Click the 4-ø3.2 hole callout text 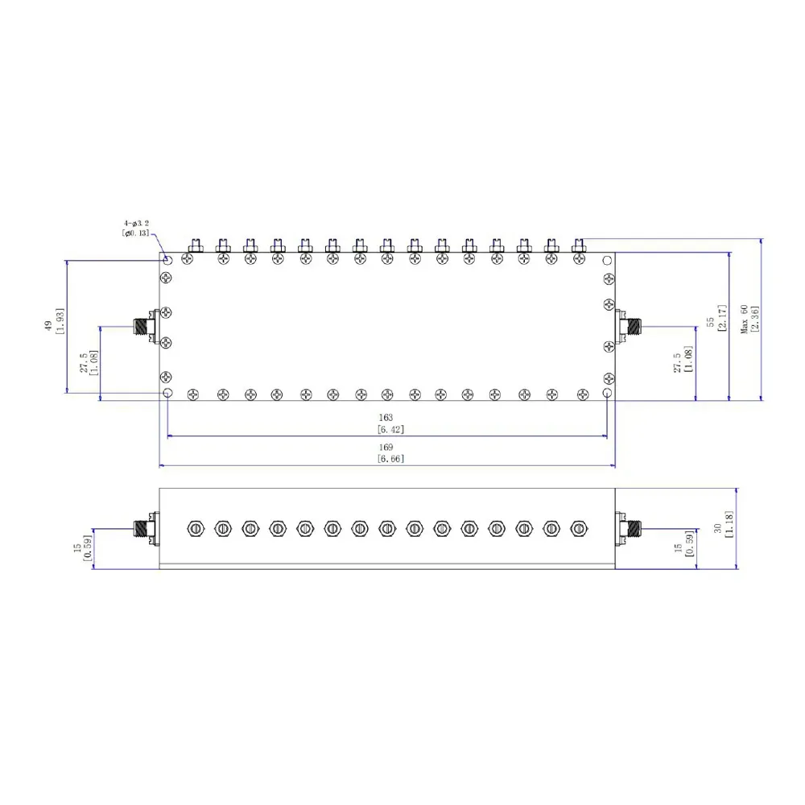(136, 223)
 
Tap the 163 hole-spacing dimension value (386, 418)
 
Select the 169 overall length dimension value (386, 447)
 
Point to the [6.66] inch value (390, 459)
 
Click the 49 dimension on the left (48, 325)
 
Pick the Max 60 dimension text (745, 319)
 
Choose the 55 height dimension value (711, 322)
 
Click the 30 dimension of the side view (718, 528)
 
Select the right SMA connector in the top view (629, 325)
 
